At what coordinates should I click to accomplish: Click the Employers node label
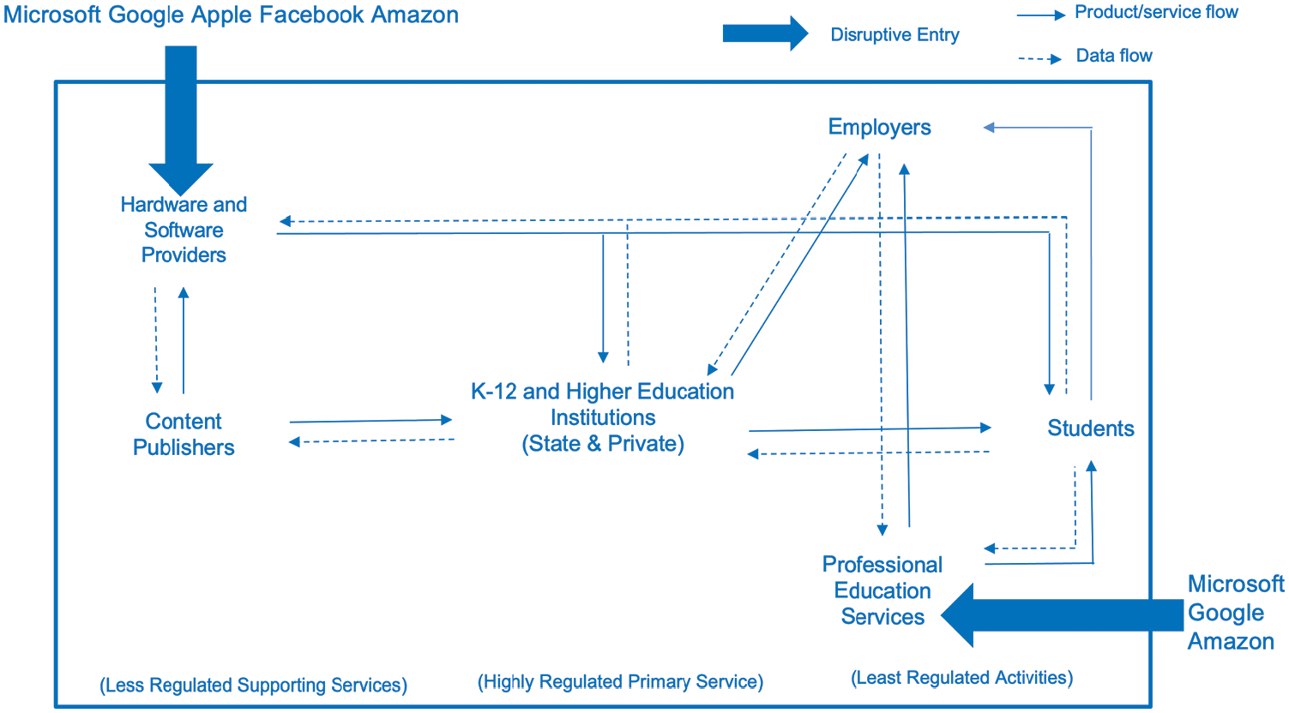pyautogui.click(x=879, y=128)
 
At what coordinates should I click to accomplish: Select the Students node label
pyautogui.click(x=1091, y=428)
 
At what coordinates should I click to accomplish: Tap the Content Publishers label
pyautogui.click(x=184, y=434)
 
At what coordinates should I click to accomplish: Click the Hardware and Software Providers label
pyautogui.click(x=184, y=230)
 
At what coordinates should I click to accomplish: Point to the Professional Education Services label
pyautogui.click(x=882, y=590)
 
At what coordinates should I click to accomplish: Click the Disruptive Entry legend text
pyautogui.click(x=894, y=35)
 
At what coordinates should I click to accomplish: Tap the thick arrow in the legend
pyautogui.click(x=765, y=33)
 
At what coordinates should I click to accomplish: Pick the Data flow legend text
pyautogui.click(x=1114, y=56)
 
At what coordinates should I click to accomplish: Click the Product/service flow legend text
pyautogui.click(x=1156, y=12)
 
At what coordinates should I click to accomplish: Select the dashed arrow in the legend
pyautogui.click(x=1039, y=58)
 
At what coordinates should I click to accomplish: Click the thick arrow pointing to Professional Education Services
pyautogui.click(x=1063, y=615)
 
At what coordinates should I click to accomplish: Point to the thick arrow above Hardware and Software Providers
pyautogui.click(x=181, y=121)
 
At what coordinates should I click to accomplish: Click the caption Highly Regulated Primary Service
pyautogui.click(x=620, y=682)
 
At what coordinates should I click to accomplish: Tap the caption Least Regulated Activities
pyautogui.click(x=962, y=678)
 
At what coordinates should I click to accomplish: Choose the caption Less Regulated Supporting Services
pyautogui.click(x=253, y=686)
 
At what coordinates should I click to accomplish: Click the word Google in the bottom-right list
pyautogui.click(x=1226, y=614)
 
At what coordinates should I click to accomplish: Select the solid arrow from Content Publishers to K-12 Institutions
pyautogui.click(x=370, y=421)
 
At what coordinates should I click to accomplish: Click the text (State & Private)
pyautogui.click(x=603, y=444)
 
